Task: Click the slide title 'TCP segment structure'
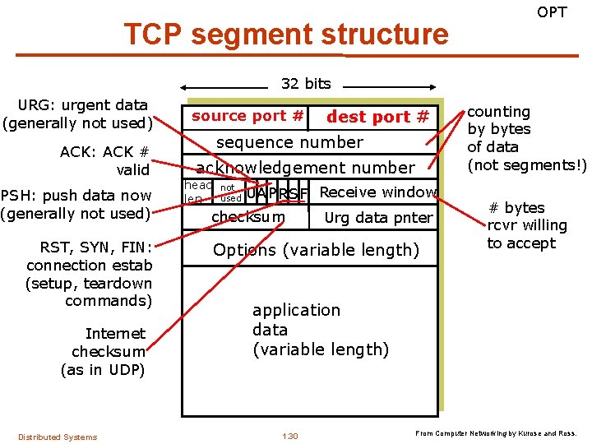[285, 35]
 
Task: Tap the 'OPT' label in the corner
[552, 12]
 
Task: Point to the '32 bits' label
[306, 83]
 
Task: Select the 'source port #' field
[247, 116]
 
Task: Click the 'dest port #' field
[377, 117]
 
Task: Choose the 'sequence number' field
[289, 142]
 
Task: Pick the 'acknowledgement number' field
[306, 168]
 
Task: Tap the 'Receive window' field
[377, 192]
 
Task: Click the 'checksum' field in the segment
[248, 217]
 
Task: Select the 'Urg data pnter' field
[378, 218]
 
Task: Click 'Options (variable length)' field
[316, 250]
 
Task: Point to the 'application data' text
[320, 330]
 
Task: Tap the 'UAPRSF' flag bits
[277, 193]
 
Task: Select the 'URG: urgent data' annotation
[77, 114]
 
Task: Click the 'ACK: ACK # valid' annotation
[104, 160]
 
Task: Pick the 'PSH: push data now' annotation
[76, 204]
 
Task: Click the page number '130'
[289, 436]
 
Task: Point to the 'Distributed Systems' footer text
[58, 437]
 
